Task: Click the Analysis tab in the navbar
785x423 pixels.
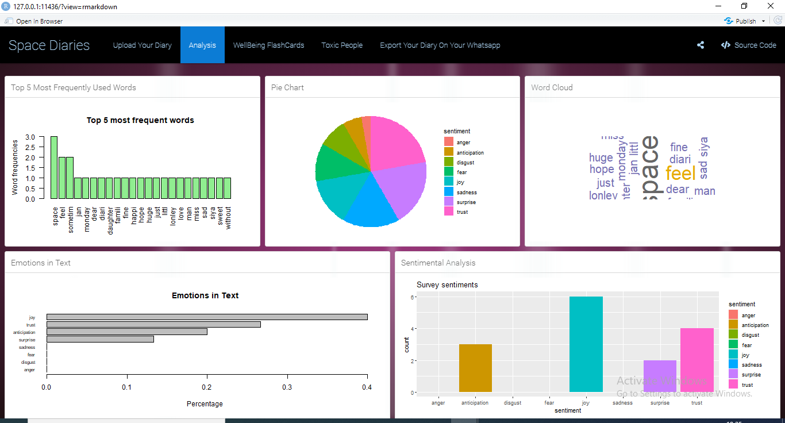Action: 202,45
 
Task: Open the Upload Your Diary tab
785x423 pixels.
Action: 142,45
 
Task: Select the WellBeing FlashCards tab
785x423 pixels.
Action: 268,45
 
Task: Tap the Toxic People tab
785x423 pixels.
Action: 342,45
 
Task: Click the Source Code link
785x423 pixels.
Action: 748,45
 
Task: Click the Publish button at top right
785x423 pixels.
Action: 745,21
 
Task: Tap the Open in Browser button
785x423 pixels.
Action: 39,21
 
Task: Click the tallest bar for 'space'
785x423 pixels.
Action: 54,167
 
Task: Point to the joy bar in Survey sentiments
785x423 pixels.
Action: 586,345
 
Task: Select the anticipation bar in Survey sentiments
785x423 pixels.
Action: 475,368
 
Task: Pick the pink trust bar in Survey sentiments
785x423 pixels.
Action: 697,360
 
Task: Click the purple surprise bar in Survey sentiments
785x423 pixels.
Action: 660,376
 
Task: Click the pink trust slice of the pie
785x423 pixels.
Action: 397,141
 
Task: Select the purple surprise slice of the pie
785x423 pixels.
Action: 402,187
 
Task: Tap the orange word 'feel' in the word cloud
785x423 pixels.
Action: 680,173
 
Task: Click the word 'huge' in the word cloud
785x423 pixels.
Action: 601,157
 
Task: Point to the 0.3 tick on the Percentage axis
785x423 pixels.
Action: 287,387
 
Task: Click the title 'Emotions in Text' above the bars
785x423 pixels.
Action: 205,295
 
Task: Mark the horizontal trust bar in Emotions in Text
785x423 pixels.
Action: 153,325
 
